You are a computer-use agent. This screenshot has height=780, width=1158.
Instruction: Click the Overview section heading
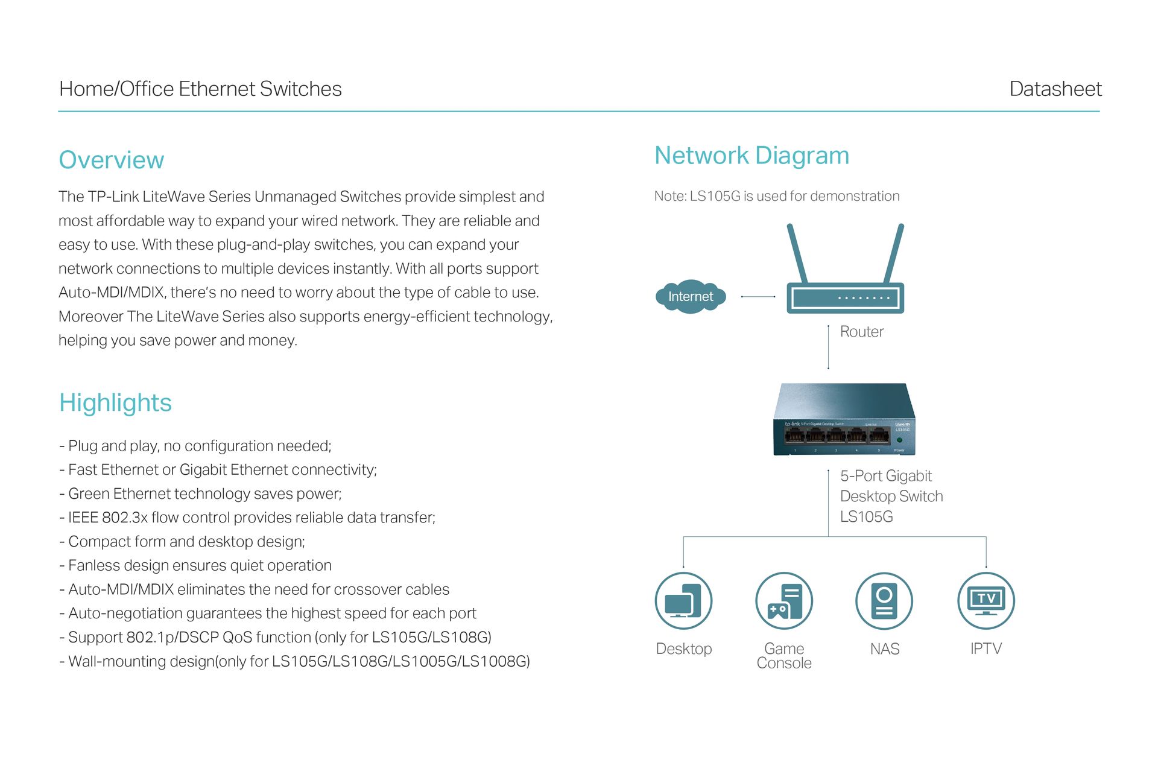112,160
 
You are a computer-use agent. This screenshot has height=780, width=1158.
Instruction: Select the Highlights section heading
115,402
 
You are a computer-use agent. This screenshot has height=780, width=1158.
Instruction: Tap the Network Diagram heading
751,156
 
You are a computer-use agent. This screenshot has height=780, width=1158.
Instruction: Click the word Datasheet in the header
1055,89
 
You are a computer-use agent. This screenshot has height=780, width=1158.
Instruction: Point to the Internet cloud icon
691,296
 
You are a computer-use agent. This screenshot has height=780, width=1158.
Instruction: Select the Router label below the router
862,332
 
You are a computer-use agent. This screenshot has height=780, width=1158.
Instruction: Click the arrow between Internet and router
758,297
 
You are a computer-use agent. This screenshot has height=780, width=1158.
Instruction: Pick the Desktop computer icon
683,601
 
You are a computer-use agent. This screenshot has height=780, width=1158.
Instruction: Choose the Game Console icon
784,601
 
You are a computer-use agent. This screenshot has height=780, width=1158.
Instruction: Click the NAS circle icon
884,601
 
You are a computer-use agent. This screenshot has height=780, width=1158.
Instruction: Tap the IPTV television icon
986,601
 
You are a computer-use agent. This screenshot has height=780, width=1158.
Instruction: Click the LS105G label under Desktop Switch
867,517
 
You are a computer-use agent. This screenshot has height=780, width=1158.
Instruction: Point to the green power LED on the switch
899,440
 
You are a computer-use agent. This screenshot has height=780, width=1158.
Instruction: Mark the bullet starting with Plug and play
195,446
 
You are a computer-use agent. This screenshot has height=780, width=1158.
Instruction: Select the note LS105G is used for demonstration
777,196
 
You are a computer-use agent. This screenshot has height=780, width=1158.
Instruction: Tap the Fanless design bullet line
195,565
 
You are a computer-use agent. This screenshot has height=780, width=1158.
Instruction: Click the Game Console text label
784,656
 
